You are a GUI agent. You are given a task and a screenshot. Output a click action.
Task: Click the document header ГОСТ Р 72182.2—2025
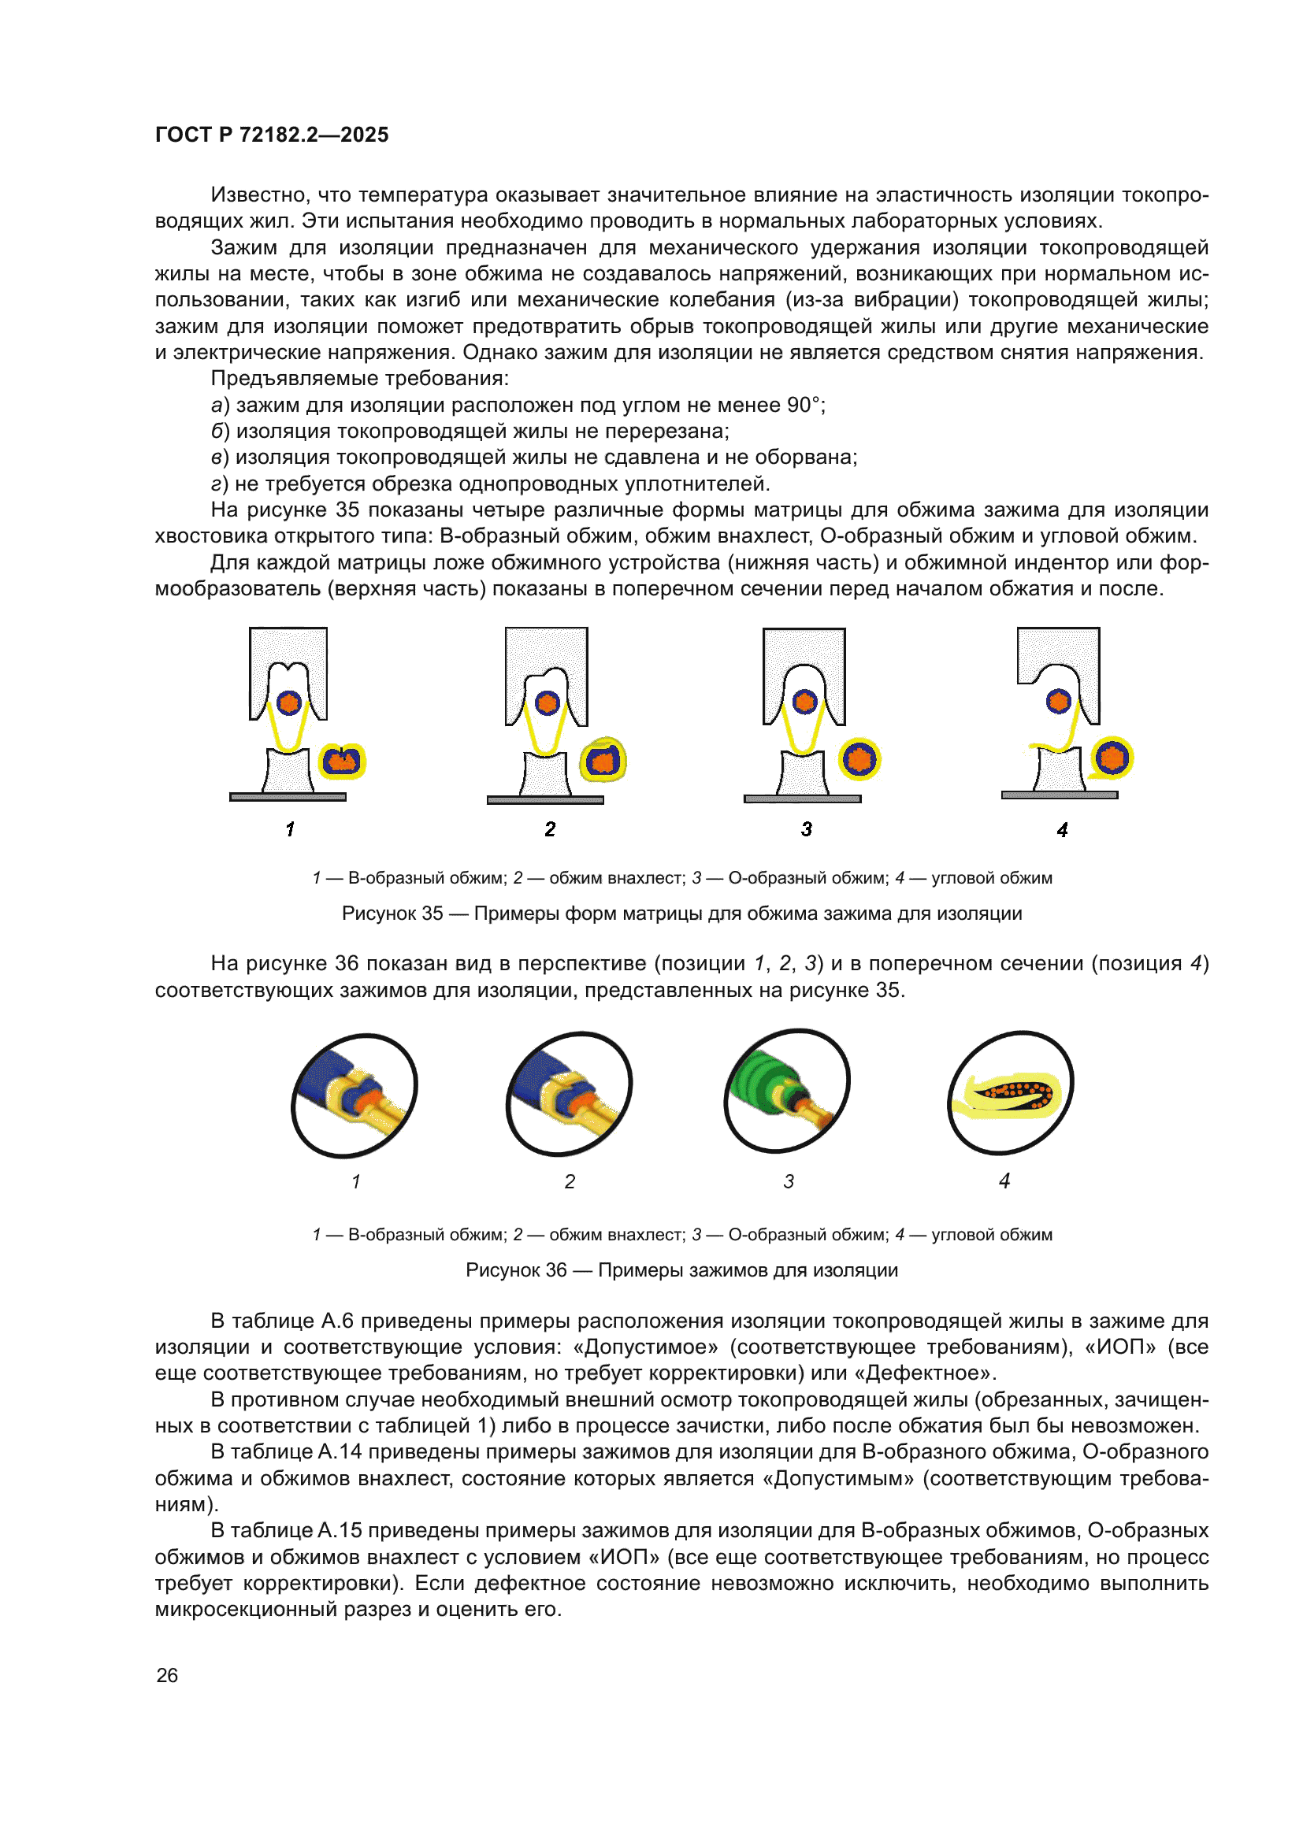(271, 134)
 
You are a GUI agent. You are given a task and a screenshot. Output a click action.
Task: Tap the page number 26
(167, 1675)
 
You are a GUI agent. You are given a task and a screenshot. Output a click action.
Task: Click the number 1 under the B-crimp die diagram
(290, 828)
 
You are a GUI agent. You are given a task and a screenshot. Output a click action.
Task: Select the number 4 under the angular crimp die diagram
(1062, 829)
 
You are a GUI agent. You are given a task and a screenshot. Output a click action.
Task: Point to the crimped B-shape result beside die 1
(343, 761)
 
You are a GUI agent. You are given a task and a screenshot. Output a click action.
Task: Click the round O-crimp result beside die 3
(860, 759)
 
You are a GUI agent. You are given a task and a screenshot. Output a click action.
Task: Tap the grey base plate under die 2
(545, 800)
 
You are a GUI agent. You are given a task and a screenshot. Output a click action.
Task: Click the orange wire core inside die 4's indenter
(1059, 701)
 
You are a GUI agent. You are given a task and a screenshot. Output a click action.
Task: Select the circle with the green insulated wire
(786, 1091)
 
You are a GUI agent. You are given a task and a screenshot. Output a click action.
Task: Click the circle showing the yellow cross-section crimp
(1010, 1093)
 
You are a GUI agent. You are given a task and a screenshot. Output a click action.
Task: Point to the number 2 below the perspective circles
(570, 1181)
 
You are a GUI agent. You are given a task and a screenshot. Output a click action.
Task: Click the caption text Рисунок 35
(392, 913)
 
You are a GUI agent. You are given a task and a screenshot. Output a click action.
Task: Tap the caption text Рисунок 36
(516, 1270)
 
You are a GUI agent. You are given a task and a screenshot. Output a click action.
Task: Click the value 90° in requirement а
(803, 404)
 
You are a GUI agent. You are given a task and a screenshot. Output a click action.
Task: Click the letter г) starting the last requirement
(219, 484)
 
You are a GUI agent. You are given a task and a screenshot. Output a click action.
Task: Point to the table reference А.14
(340, 1451)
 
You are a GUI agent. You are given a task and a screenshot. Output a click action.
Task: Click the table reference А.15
(340, 1530)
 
